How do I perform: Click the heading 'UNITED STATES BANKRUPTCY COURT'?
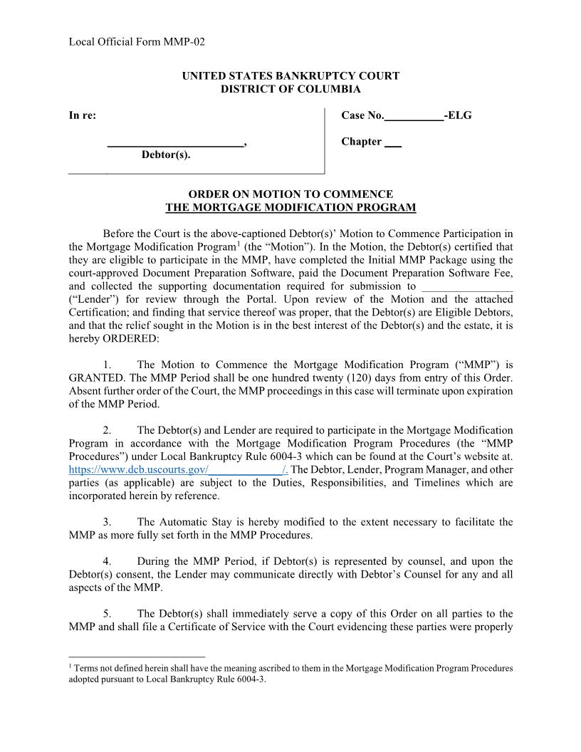pos(290,75)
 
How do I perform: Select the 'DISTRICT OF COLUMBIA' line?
pos(290,89)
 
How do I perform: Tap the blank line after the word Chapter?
pos(393,142)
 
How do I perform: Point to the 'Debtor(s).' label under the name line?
pos(166,155)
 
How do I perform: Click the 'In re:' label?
pos(82,115)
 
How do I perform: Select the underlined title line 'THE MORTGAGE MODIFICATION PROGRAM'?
pos(290,207)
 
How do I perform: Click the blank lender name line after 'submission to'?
pos(467,286)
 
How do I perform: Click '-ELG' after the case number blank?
pos(458,115)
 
